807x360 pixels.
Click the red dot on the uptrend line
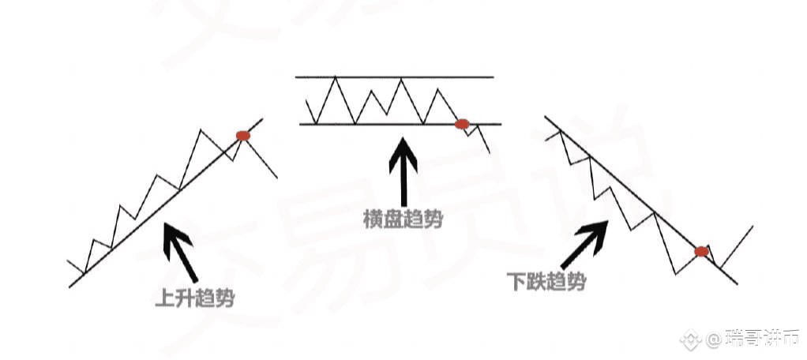pos(242,136)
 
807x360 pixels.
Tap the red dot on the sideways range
pos(463,124)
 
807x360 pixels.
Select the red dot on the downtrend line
pos(701,252)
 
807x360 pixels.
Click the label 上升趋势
pos(196,299)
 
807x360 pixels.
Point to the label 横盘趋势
pos(403,219)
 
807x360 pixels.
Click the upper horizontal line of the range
pos(395,77)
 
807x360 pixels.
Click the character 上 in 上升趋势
pos(165,299)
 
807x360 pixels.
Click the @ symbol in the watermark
pos(713,340)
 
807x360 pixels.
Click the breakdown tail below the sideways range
pos(483,140)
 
